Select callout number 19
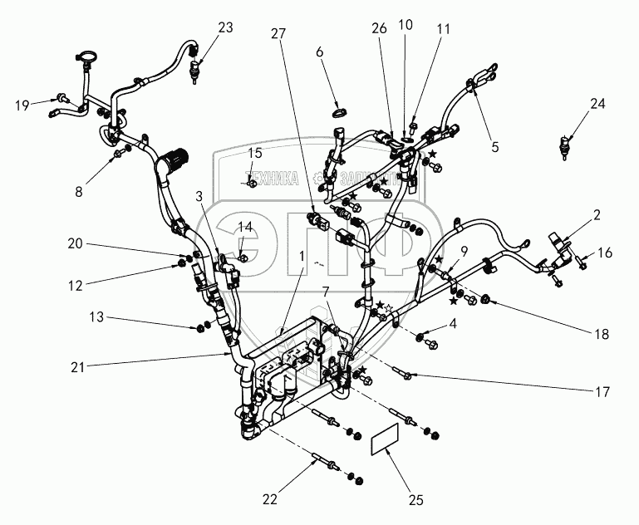pos(22,105)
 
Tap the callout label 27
pos(278,33)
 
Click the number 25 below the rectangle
pos(416,499)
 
